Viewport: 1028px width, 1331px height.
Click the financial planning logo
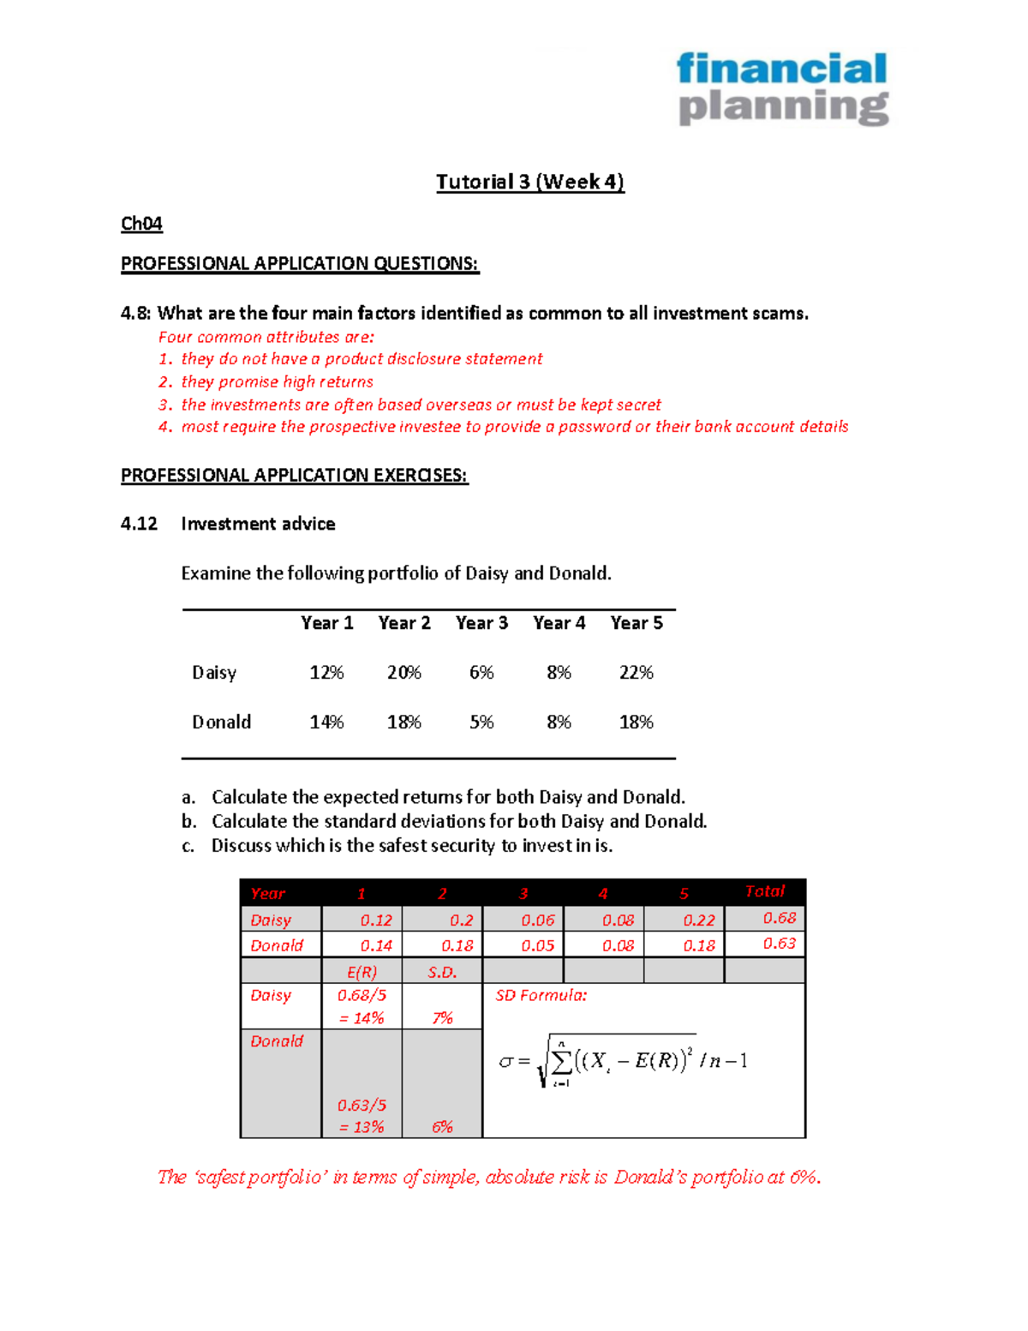point(782,88)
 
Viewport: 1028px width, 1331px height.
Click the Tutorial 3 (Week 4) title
point(530,182)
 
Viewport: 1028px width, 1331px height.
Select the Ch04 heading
point(141,224)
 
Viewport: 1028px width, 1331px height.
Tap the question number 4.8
point(135,314)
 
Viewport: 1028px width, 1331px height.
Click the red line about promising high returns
point(277,382)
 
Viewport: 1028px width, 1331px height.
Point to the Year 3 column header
point(481,623)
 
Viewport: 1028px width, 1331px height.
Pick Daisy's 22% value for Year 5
point(636,673)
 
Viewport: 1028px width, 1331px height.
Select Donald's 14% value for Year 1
point(326,722)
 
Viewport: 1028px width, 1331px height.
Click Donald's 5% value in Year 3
point(481,722)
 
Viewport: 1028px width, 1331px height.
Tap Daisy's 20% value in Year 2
point(403,673)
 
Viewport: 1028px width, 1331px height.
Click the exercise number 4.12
point(139,524)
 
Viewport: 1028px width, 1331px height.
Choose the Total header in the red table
point(764,891)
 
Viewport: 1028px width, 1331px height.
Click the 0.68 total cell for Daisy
point(779,918)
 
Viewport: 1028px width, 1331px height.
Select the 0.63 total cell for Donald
point(779,944)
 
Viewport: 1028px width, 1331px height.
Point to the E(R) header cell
point(362,972)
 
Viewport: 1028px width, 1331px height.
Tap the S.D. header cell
point(442,972)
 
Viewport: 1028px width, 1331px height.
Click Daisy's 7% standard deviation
point(442,1018)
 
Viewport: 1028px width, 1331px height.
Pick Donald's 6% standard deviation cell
point(442,1127)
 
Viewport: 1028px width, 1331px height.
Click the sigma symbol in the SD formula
point(505,1062)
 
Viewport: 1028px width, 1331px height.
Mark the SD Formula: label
point(541,996)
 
